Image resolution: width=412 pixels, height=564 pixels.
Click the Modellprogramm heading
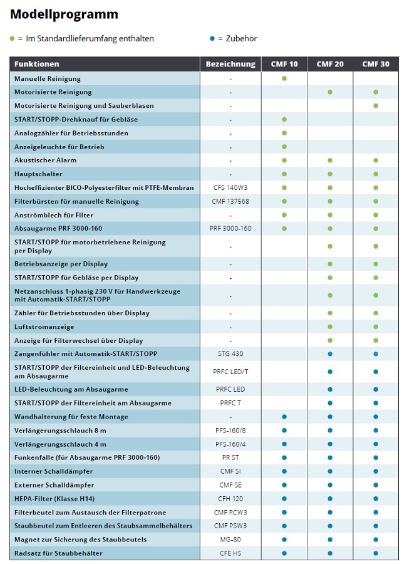tap(64, 14)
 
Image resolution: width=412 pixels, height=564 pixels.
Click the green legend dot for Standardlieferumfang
tap(12, 38)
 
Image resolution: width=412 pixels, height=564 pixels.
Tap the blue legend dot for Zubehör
tap(212, 38)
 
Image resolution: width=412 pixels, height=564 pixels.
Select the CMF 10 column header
tap(284, 64)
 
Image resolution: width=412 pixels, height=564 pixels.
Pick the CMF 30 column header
tap(376, 64)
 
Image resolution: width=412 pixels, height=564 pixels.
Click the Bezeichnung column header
tap(230, 64)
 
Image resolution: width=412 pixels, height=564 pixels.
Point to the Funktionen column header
tap(37, 64)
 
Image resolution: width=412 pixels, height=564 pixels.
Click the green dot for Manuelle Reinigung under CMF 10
tap(284, 78)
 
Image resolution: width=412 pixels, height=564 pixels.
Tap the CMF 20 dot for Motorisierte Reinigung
tap(330, 92)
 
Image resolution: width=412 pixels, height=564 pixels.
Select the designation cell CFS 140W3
tap(230, 187)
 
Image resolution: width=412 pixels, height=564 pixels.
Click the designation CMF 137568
tap(230, 201)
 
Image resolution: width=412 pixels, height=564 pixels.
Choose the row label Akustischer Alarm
tap(44, 160)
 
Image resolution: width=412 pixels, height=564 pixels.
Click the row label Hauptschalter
tap(38, 174)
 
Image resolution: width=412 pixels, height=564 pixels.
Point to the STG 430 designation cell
tap(230, 353)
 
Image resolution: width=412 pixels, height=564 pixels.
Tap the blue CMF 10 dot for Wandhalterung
tap(284, 417)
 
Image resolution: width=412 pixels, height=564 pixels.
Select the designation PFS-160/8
tap(230, 431)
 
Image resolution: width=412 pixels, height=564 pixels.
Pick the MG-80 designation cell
tap(230, 539)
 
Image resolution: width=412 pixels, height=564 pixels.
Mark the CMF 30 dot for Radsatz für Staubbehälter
tap(376, 553)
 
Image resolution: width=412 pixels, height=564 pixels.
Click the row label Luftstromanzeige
tap(44, 326)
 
